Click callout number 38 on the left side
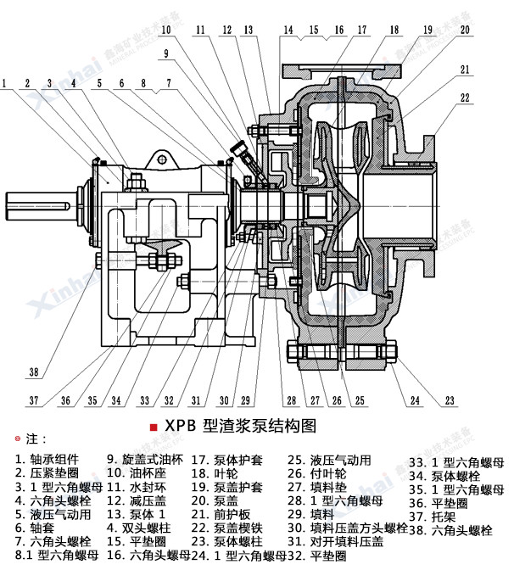[x=34, y=372]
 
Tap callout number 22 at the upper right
[x=465, y=98]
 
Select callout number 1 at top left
[x=6, y=83]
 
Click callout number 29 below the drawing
[x=246, y=400]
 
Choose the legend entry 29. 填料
[x=310, y=514]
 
